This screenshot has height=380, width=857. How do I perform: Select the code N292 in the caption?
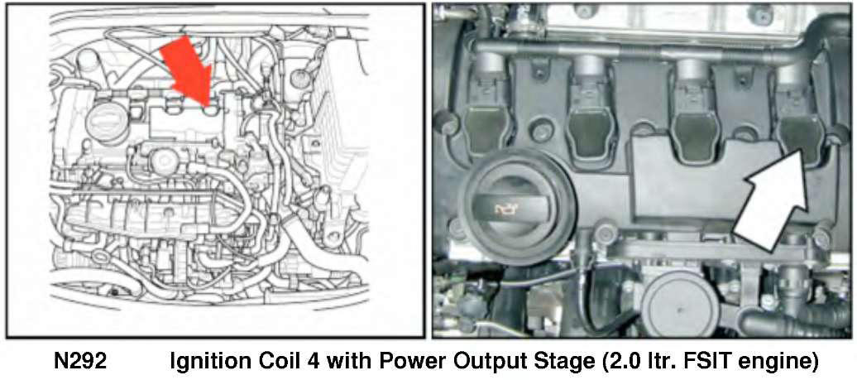pyautogui.click(x=81, y=363)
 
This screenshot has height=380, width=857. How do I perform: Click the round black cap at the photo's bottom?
pyautogui.click(x=679, y=308)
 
